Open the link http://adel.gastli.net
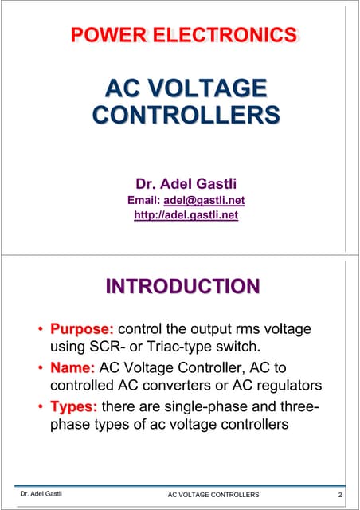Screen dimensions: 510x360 point(186,214)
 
